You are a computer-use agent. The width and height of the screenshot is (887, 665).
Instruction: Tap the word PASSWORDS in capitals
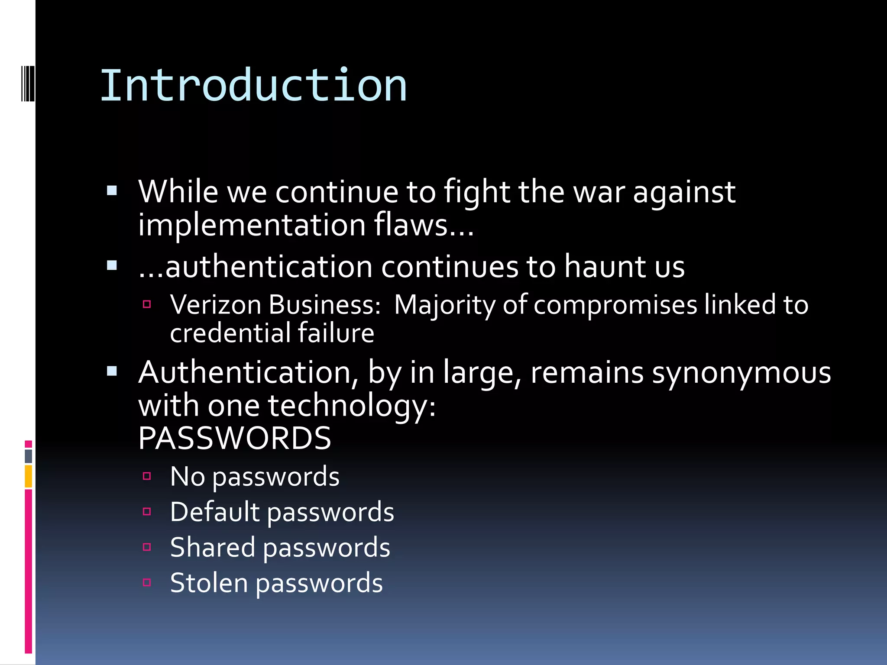[235, 438]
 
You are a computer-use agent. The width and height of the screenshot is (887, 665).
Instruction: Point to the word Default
[214, 512]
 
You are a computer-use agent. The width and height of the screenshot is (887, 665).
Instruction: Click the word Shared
[212, 547]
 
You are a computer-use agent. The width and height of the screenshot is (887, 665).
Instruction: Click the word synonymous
[741, 373]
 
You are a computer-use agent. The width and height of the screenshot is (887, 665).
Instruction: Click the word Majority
[444, 305]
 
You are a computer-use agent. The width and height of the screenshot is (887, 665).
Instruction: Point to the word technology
[351, 406]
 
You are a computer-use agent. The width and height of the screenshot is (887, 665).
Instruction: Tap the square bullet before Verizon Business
[147, 304]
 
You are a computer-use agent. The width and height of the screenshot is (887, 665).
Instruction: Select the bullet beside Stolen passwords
[147, 583]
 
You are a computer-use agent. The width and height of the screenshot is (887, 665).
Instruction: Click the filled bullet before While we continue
[112, 191]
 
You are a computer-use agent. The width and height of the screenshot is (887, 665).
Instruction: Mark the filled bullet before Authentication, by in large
[112, 371]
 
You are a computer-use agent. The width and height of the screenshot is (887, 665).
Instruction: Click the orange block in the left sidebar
[29, 476]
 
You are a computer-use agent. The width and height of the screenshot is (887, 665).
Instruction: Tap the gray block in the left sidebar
[29, 456]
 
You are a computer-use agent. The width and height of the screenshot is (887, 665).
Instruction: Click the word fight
[477, 192]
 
